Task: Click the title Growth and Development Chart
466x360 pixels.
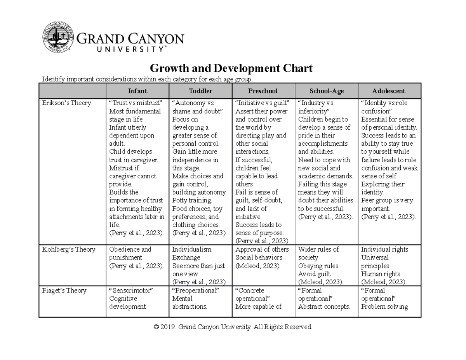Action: (231, 69)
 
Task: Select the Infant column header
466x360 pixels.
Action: (137, 91)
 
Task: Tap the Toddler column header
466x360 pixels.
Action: (200, 91)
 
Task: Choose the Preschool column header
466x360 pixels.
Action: (263, 91)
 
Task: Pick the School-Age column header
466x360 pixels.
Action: (326, 91)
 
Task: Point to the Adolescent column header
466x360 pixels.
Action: (389, 91)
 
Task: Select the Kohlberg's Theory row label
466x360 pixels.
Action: (68, 250)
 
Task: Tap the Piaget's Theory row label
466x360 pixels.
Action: (64, 290)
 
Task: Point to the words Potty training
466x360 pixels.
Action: (192, 201)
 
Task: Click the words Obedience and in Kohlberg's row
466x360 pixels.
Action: (130, 250)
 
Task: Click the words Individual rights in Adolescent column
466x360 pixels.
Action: (384, 250)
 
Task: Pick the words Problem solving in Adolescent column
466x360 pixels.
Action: (384, 307)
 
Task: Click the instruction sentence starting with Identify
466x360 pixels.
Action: (147, 80)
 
